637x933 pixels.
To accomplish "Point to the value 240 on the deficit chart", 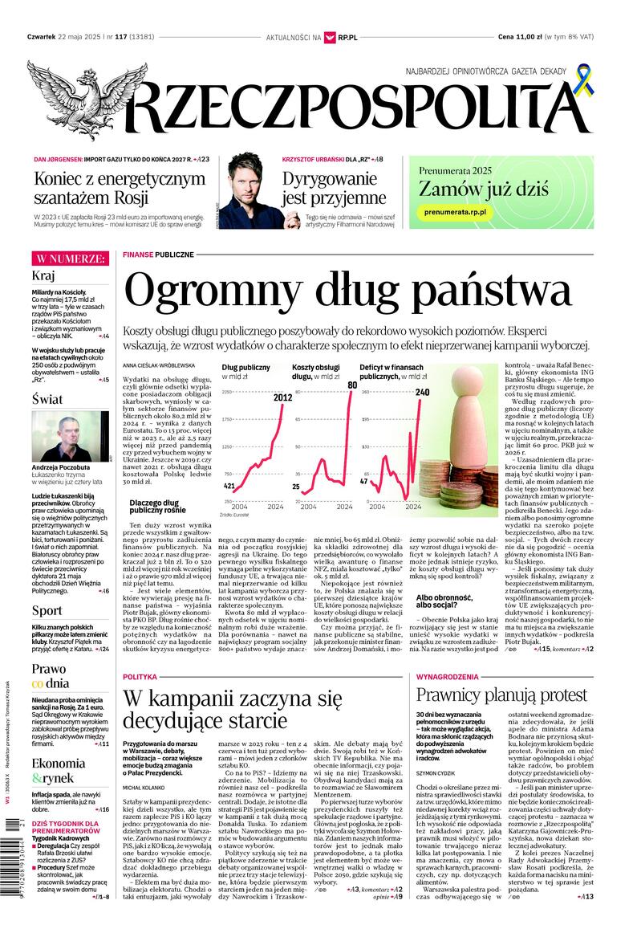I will coord(423,393).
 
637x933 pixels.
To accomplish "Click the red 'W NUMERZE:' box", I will coord(69,259).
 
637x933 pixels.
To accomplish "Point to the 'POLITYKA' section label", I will coord(140,677).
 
